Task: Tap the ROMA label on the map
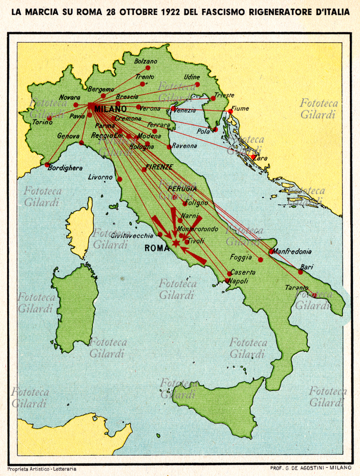click(156, 249)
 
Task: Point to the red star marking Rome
click(176, 243)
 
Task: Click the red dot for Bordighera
click(48, 165)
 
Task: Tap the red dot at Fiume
click(231, 111)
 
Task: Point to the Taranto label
click(296, 287)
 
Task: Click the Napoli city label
click(238, 280)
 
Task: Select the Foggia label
click(242, 258)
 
